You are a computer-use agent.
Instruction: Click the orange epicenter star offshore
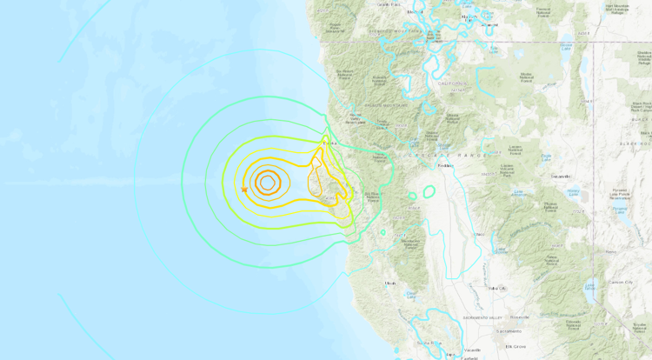pos(244,190)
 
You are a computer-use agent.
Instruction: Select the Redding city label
pos(446,164)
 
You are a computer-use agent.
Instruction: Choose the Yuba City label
pos(497,288)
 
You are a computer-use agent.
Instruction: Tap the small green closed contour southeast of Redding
pos(429,190)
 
